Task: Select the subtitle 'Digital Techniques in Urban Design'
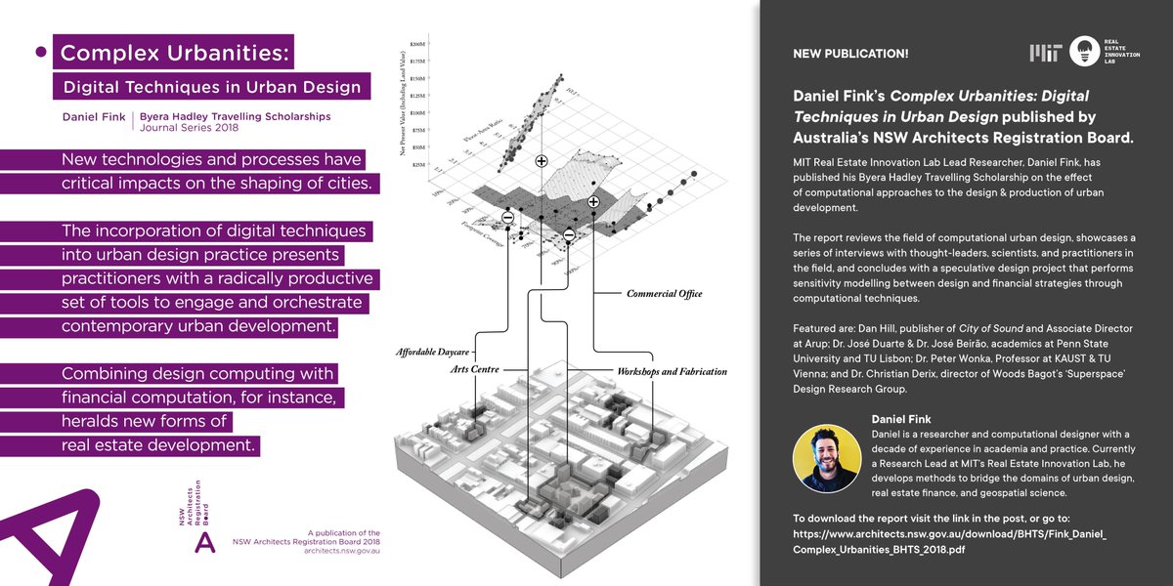point(211,87)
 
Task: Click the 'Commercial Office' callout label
point(664,293)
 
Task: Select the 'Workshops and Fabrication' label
point(672,372)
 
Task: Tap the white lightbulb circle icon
point(1084,52)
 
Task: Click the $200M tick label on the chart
point(418,45)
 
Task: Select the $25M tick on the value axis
point(418,165)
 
